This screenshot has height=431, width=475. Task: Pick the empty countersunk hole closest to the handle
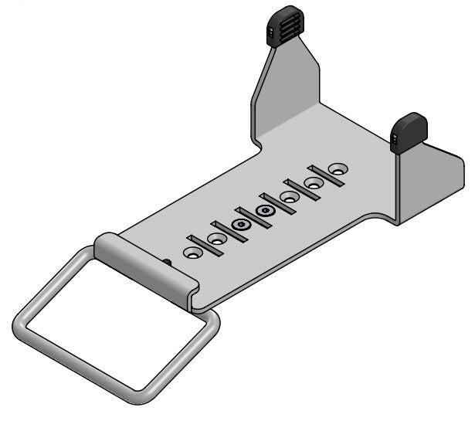[x=189, y=252]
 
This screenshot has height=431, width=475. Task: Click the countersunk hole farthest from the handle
[x=338, y=168]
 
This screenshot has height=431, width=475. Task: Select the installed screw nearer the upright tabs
[x=265, y=211]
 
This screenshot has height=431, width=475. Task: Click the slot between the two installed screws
[x=253, y=219]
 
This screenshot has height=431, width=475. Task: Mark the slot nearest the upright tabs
[x=326, y=176]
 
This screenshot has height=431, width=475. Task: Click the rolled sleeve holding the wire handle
[x=145, y=263]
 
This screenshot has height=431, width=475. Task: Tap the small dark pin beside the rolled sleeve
[x=168, y=262]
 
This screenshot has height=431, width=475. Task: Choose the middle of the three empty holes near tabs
[x=314, y=183]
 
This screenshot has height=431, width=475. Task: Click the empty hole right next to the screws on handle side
[x=217, y=239]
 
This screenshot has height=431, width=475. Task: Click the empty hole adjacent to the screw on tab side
[x=289, y=197]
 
